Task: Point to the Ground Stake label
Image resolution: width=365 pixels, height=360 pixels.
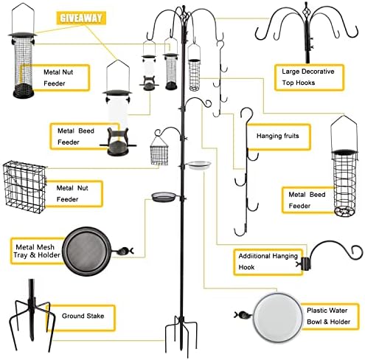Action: [x=92, y=316]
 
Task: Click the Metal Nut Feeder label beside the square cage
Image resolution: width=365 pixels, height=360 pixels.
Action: [x=77, y=193]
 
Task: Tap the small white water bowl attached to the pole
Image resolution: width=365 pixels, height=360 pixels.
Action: [x=199, y=166]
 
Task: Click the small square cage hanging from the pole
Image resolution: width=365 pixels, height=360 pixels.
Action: [x=160, y=153]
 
